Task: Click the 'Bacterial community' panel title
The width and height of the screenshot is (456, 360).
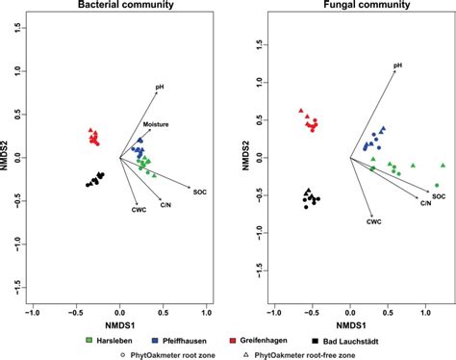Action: coord(118,7)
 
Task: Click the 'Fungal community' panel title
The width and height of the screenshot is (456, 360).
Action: coord(343,7)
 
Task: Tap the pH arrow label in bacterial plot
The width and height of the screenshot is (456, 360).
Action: coord(162,88)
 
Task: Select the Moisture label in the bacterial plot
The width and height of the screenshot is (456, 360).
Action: coord(157,125)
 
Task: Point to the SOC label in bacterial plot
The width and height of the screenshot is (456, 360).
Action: coord(199,192)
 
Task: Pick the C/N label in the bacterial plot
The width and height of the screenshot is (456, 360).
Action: coord(165,205)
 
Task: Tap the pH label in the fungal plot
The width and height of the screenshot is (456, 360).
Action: coord(396,66)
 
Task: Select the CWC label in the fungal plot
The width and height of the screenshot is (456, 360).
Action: coord(374,221)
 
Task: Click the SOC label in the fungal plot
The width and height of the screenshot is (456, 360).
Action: coord(438,196)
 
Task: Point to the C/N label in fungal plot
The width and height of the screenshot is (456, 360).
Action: coord(424,203)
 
